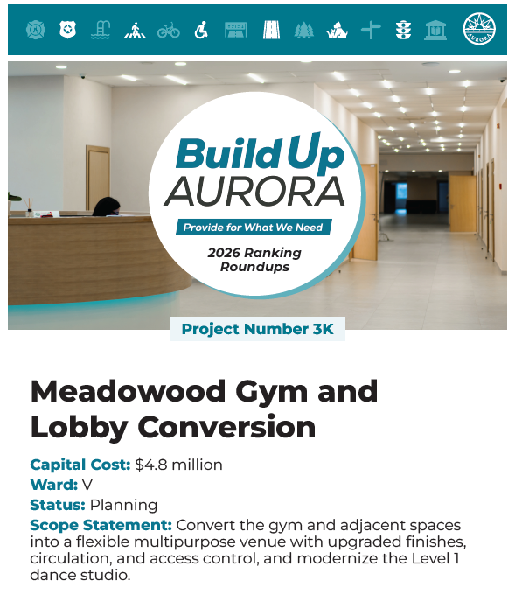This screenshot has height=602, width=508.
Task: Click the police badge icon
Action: point(67,31)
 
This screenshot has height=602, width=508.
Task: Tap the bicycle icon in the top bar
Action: point(169,31)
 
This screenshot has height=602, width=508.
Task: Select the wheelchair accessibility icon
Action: point(201,31)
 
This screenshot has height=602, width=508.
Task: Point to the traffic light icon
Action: point(403,31)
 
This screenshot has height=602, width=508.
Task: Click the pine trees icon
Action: point(303,31)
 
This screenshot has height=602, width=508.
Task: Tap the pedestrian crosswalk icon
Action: point(135,31)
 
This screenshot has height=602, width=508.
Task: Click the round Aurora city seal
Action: point(478,30)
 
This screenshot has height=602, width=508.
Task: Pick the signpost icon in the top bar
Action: point(371,31)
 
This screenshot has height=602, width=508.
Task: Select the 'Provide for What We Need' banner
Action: point(254,227)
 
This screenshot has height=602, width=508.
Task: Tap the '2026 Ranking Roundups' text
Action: point(254,259)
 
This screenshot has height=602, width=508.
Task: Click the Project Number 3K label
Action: point(257,330)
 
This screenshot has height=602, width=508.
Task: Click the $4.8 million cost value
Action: point(178,465)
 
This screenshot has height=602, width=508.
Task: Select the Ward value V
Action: point(87,485)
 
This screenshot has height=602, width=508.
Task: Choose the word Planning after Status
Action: point(123,505)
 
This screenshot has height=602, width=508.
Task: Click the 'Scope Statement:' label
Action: point(101,525)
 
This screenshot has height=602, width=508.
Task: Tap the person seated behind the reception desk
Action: point(106,207)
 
